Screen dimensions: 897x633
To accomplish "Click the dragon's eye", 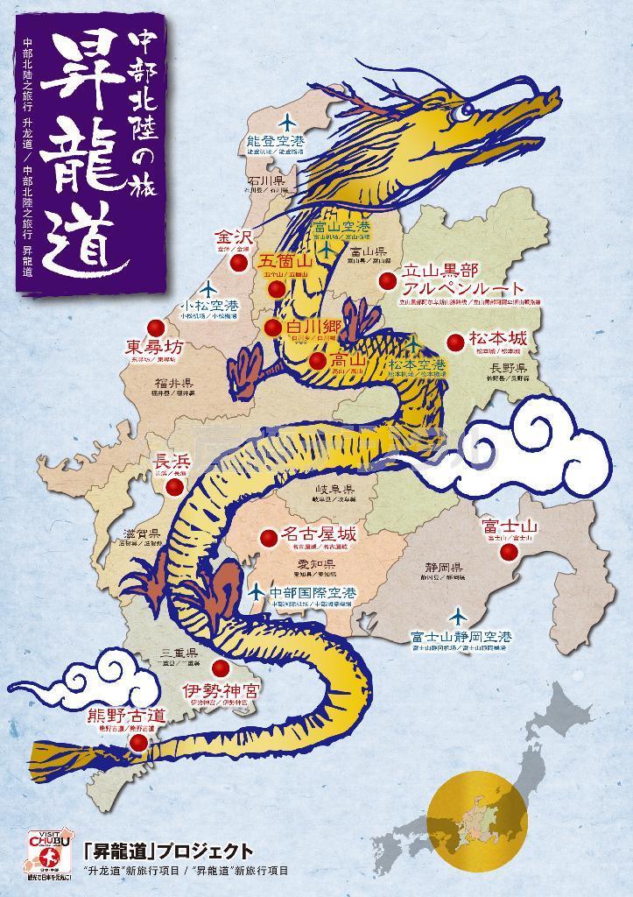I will [x=457, y=113].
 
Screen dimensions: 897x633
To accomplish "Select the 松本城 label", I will [x=498, y=338].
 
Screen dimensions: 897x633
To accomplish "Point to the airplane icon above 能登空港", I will [x=286, y=123].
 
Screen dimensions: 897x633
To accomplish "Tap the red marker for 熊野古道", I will [x=137, y=743].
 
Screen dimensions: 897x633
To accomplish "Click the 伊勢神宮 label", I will [x=220, y=689].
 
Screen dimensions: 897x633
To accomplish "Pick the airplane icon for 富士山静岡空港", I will [x=455, y=616].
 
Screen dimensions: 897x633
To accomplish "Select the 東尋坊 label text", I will [x=154, y=347].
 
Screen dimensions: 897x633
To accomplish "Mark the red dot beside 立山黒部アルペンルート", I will [x=387, y=280].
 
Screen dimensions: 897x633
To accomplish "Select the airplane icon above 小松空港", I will [x=208, y=288].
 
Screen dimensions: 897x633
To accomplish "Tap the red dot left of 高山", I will [x=316, y=359].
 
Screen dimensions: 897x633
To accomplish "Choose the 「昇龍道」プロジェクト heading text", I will [x=168, y=851].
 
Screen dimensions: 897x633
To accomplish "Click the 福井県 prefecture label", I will [x=174, y=383].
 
